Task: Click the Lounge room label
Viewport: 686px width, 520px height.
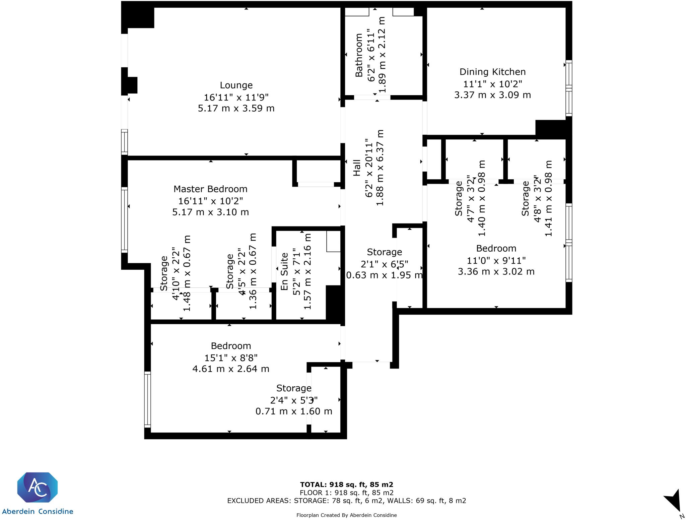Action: [x=236, y=85]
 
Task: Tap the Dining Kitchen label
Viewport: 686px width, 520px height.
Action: [x=492, y=72]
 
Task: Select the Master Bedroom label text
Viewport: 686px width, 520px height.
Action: [x=210, y=189]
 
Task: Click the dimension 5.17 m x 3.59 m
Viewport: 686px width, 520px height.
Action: [x=236, y=109]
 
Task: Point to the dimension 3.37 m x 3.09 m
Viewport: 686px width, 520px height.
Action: [x=492, y=95]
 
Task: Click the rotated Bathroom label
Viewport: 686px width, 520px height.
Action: [x=359, y=55]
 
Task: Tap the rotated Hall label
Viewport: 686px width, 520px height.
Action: [x=357, y=168]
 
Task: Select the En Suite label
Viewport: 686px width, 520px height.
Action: [x=284, y=272]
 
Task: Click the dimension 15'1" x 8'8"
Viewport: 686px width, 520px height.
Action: [x=231, y=358]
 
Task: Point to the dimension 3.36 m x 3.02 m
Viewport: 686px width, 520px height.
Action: [x=496, y=272]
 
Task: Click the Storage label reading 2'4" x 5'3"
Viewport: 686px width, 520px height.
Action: [x=294, y=388]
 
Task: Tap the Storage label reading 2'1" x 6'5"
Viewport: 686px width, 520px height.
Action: [x=384, y=252]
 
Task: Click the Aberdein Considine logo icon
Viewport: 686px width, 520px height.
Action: [x=38, y=488]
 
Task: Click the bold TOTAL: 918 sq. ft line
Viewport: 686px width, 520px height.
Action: [x=346, y=484]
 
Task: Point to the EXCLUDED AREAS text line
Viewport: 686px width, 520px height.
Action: [x=346, y=501]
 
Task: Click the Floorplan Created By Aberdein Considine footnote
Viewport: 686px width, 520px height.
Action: [x=346, y=515]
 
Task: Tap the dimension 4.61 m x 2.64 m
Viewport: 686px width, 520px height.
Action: [x=231, y=369]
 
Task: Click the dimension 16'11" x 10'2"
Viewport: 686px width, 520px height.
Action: [x=210, y=201]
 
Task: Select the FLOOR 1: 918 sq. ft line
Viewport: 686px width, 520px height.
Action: [x=346, y=493]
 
